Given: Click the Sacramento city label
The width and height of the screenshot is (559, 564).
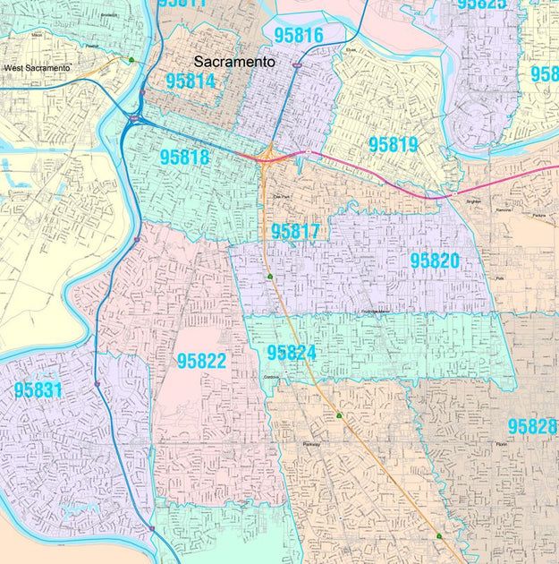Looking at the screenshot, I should click(234, 63).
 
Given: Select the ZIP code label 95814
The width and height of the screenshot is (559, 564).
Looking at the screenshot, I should click(191, 81).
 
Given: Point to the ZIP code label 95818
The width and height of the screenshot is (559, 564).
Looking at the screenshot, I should click(185, 157).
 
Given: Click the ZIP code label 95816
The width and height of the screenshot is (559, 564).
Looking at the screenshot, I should click(299, 36).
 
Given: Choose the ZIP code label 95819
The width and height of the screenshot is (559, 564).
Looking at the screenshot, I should click(394, 144).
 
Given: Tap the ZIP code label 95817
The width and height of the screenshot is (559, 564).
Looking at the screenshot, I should click(295, 231).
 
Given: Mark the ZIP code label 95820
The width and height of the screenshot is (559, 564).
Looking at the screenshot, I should click(435, 261).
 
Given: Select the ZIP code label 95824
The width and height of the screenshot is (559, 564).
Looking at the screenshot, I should click(292, 353).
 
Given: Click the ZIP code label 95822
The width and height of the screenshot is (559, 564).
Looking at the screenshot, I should click(201, 361).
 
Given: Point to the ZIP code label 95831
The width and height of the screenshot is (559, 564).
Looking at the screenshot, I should click(38, 389).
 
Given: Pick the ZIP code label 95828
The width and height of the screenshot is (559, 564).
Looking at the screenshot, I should click(532, 427).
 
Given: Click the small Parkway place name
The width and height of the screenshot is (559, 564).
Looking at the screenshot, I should click(311, 444).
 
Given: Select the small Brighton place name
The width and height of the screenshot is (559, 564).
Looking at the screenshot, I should click(474, 202).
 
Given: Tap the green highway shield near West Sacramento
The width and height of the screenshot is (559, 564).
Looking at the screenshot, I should click(131, 60).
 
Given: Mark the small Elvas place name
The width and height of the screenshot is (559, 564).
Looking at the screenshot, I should click(351, 50).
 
